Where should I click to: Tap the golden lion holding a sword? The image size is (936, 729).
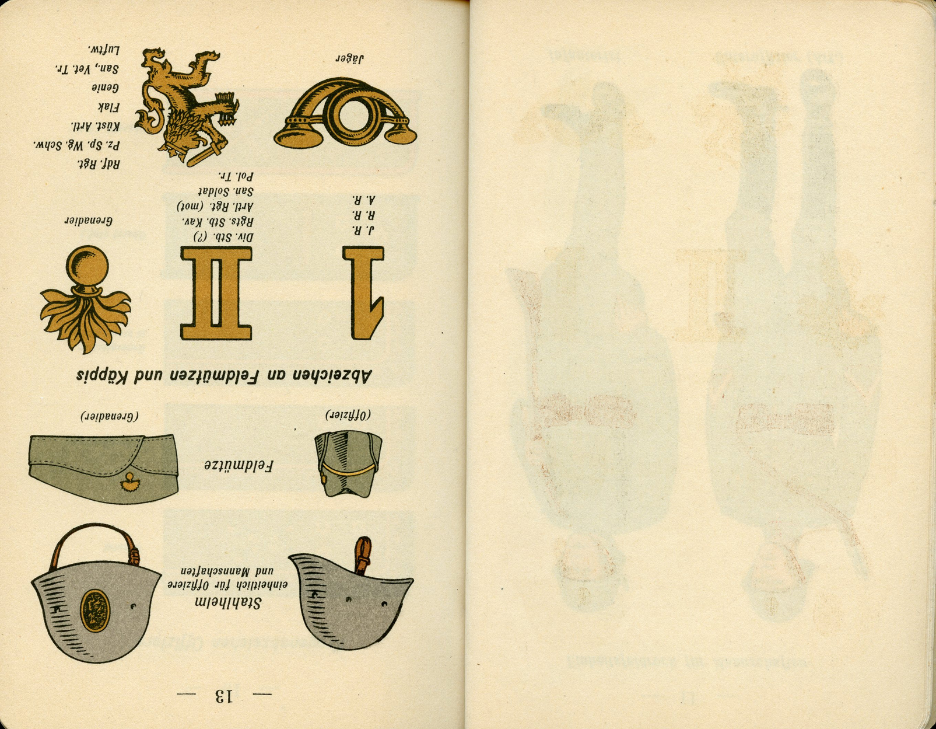pyautogui.click(x=184, y=105)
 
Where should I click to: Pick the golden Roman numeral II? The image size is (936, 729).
pyautogui.click(x=216, y=293)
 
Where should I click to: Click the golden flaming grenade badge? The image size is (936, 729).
pyautogui.click(x=86, y=298)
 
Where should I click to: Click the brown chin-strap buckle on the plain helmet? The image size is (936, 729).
pyautogui.click(x=363, y=556)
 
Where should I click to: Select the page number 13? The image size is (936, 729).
pyautogui.click(x=224, y=695)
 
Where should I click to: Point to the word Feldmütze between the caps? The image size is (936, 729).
pyautogui.click(x=239, y=466)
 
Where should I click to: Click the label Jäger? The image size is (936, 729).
pyautogui.click(x=349, y=58)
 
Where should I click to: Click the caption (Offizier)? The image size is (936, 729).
pyautogui.click(x=348, y=414)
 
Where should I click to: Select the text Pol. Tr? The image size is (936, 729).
pyautogui.click(x=236, y=176)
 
